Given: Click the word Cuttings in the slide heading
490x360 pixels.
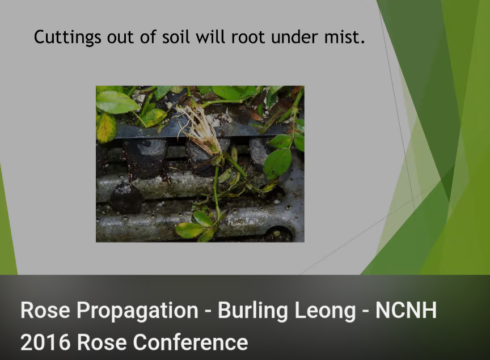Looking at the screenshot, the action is pyautogui.click(x=67, y=37).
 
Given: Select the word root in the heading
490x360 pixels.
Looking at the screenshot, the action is pyautogui.click(x=248, y=37).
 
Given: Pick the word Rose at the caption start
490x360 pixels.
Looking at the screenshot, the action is pyautogui.click(x=45, y=310).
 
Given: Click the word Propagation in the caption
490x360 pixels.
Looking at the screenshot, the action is pyautogui.click(x=137, y=311).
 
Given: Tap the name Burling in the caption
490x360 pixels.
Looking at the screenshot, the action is pyautogui.click(x=252, y=311).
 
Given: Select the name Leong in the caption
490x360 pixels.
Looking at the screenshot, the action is pyautogui.click(x=325, y=311).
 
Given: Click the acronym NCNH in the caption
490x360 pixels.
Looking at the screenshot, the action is pyautogui.click(x=406, y=310).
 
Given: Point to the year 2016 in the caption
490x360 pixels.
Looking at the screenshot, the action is pyautogui.click(x=45, y=342).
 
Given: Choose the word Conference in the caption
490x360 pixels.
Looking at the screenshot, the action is pyautogui.click(x=191, y=342).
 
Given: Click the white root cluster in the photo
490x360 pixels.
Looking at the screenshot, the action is pyautogui.click(x=200, y=130).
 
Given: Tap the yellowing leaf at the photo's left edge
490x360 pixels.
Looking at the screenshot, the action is pyautogui.click(x=106, y=128).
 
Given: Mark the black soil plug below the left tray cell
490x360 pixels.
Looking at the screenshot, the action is pyautogui.click(x=126, y=197).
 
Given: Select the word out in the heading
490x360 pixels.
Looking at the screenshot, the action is pyautogui.click(x=120, y=37).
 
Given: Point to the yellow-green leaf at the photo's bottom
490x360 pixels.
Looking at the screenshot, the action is pyautogui.click(x=189, y=230).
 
